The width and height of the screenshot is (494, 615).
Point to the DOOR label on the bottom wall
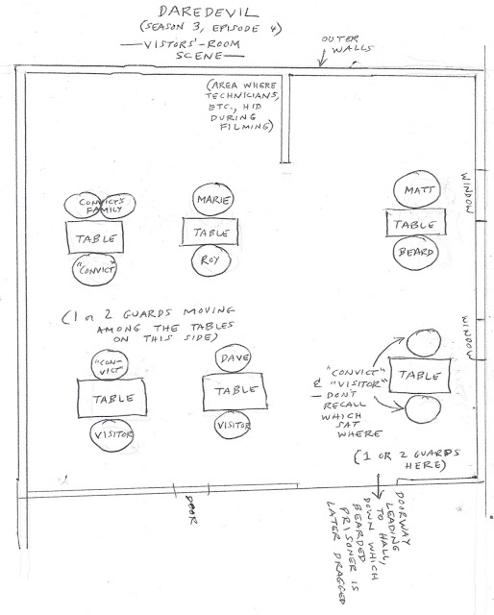[191, 509]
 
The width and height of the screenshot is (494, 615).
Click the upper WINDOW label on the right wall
[468, 192]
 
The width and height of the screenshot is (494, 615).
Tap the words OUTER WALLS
[346, 44]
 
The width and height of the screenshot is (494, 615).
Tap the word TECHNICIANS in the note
[241, 96]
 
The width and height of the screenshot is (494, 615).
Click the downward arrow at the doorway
[379, 486]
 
